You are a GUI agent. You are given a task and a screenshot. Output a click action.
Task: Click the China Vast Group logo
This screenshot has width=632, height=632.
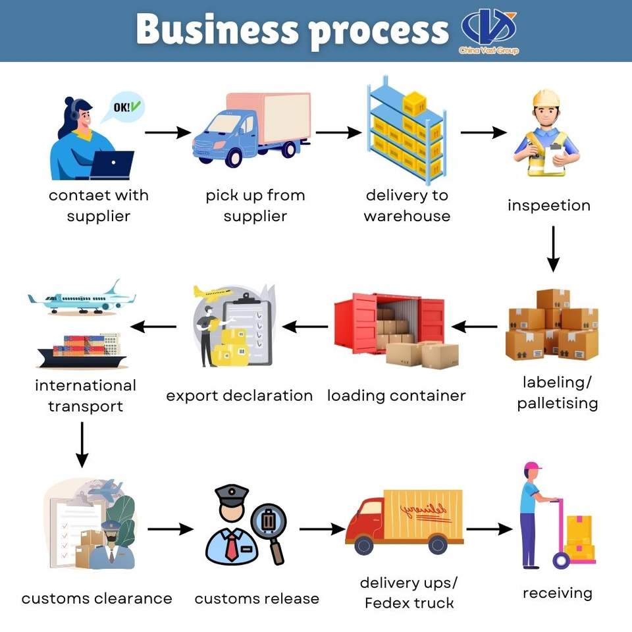pyautogui.click(x=488, y=31)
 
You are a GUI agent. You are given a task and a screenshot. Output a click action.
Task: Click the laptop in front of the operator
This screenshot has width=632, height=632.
pyautogui.click(x=112, y=165)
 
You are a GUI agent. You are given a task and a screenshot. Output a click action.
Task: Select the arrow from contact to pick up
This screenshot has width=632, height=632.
pyautogui.click(x=168, y=132)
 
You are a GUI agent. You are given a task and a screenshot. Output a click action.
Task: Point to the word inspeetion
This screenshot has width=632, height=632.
pyautogui.click(x=549, y=205)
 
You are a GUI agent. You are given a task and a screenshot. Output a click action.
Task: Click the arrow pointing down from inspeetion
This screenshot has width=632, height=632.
pyautogui.click(x=553, y=249)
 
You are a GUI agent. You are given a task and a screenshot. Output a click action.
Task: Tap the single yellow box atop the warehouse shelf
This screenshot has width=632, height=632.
pyautogui.click(x=415, y=103)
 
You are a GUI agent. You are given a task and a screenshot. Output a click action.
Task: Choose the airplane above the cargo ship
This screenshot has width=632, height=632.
pyautogui.click(x=82, y=298)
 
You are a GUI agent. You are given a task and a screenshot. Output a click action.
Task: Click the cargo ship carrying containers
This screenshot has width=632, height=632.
pyautogui.click(x=83, y=351)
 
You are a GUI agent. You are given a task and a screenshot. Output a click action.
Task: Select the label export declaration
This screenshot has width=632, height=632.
pyautogui.click(x=240, y=396)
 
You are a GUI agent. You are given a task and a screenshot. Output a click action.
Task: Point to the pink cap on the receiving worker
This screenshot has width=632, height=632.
pyautogui.click(x=532, y=466)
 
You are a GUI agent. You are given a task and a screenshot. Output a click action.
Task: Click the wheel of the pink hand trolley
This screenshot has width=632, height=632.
pyautogui.click(x=561, y=560)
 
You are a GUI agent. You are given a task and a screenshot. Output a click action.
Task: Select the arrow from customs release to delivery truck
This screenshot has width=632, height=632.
pyautogui.click(x=323, y=529)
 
